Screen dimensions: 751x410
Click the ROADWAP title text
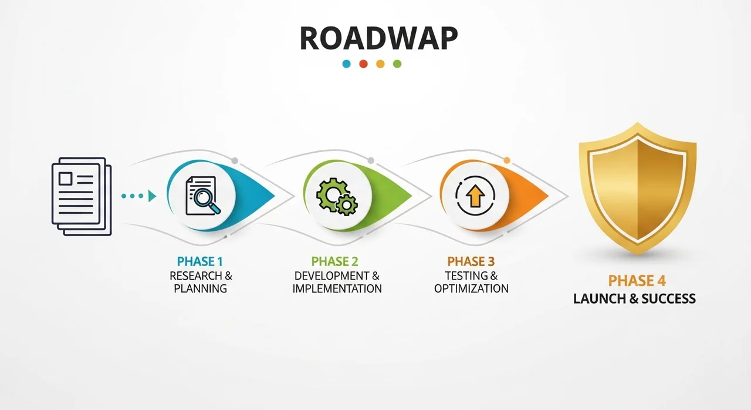tap(378, 38)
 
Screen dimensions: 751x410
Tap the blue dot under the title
tap(346, 64)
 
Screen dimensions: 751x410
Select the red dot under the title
tap(363, 64)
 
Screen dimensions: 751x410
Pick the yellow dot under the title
tap(380, 64)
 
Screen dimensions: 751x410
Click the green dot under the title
tap(397, 64)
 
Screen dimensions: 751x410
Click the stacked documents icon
tap(82, 196)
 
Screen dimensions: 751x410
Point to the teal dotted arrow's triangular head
tap(152, 196)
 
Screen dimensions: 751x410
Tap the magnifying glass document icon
tap(203, 196)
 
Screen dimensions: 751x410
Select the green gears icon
tap(337, 196)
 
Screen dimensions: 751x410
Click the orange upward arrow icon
tap(475, 196)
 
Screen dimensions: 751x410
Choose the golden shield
tap(637, 188)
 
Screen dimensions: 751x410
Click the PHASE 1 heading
tap(200, 261)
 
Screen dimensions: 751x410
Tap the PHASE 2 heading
tap(334, 261)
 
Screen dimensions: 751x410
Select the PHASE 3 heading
tap(471, 261)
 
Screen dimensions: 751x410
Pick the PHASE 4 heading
tap(637, 281)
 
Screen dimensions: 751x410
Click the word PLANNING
tap(200, 288)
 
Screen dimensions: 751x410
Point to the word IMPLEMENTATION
tap(337, 288)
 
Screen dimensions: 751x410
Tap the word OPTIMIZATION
tap(471, 288)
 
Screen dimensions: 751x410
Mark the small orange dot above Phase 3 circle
tap(507, 160)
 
